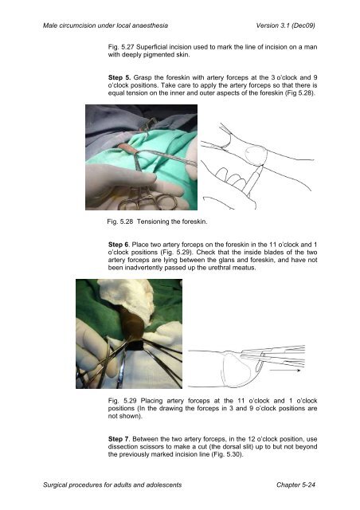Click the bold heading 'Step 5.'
coord(119,78)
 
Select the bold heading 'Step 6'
coord(119,245)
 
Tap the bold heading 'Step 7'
coord(119,439)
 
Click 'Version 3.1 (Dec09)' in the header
coord(285,25)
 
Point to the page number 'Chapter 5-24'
coord(296,484)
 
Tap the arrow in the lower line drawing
coord(285,370)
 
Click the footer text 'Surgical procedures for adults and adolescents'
coord(112,485)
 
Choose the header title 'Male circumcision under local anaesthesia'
coord(106,25)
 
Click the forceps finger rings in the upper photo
coord(148,202)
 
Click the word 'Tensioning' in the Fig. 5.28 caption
coord(153,222)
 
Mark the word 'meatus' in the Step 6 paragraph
coord(246,268)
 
